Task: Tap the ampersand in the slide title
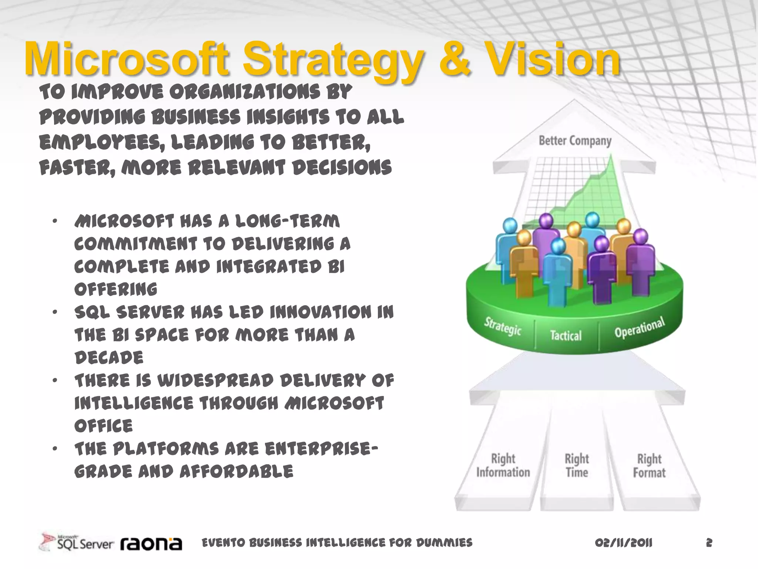click(455, 59)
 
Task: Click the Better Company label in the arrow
click(575, 141)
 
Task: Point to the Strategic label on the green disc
click(503, 326)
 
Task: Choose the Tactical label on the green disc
click(566, 336)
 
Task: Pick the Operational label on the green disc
click(639, 327)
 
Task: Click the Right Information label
click(503, 465)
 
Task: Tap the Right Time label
click(577, 465)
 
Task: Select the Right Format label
click(649, 466)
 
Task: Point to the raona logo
click(151, 543)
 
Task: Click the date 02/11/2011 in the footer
click(624, 543)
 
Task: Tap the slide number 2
click(709, 543)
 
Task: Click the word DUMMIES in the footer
click(444, 543)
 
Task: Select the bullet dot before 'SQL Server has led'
click(55, 312)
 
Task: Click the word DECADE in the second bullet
click(109, 358)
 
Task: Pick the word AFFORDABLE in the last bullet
click(237, 472)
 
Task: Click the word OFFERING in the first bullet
click(116, 289)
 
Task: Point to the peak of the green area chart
click(611, 157)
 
